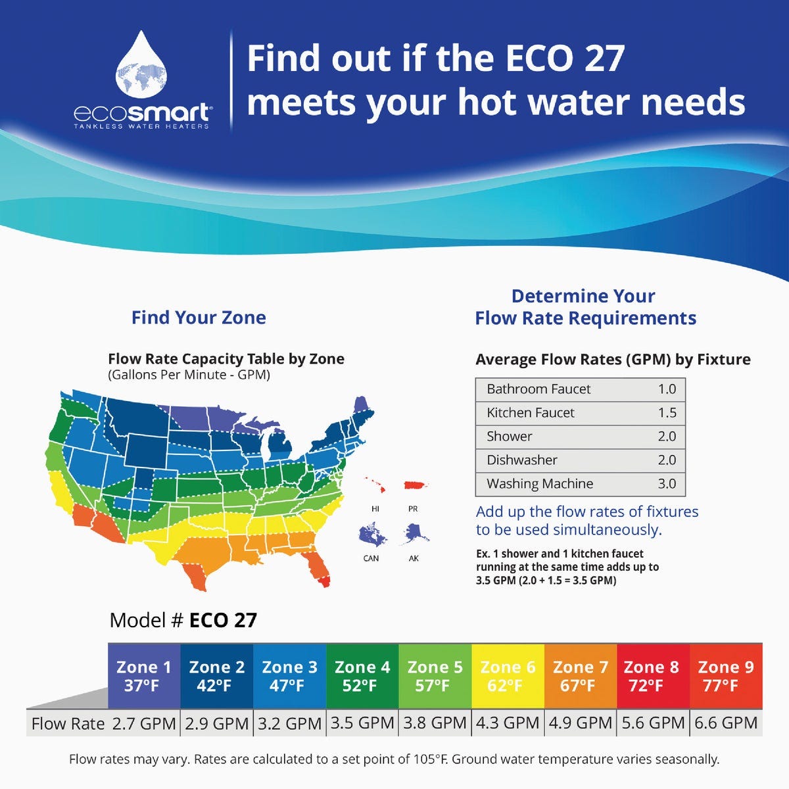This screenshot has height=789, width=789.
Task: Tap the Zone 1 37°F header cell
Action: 144,676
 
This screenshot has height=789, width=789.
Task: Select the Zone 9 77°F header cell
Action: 726,676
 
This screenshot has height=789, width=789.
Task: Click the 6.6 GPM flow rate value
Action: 726,723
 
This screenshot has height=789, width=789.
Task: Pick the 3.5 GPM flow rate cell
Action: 362,723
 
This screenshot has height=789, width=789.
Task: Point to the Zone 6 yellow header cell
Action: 508,676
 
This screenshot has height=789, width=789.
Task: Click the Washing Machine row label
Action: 540,484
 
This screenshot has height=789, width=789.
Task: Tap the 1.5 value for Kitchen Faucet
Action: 667,413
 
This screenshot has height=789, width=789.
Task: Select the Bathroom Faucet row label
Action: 538,389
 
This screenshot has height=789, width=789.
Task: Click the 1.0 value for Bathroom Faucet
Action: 667,389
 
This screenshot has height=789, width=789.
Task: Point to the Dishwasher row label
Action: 522,460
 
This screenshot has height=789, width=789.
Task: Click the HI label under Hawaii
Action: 375,509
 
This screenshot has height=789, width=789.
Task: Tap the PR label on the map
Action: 413,509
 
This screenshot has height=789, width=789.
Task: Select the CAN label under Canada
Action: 371,559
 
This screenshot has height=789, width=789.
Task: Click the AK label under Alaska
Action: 414,559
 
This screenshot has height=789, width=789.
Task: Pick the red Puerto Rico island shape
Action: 415,485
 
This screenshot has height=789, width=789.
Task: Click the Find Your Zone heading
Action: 199,318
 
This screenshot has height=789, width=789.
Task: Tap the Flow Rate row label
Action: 68,724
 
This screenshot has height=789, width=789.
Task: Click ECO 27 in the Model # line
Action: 223,620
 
